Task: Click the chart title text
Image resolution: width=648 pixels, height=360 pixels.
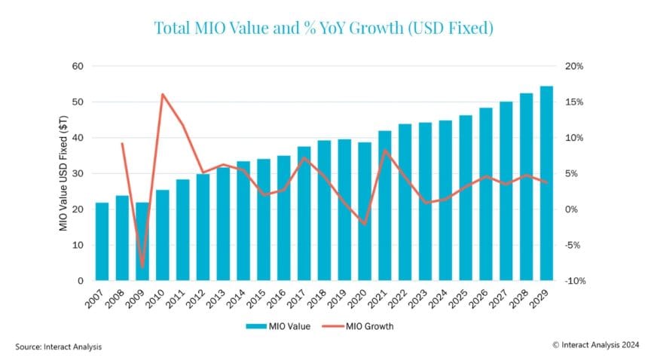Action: click(x=324, y=29)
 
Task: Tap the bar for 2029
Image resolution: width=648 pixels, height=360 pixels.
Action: click(x=546, y=183)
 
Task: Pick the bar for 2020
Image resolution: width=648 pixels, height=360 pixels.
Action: click(x=365, y=212)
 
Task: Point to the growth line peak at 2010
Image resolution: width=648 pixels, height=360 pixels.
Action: click(x=163, y=94)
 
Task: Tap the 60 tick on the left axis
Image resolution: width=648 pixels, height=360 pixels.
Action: click(x=78, y=66)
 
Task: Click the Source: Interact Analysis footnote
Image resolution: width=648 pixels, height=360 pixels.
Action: click(x=58, y=346)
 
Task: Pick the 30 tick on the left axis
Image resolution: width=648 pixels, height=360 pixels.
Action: click(x=78, y=173)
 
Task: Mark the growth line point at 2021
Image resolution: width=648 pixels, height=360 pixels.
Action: click(x=385, y=151)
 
